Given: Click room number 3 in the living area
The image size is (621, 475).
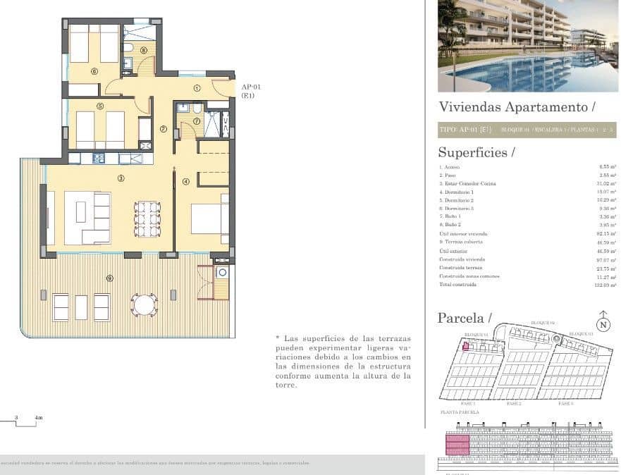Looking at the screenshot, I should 121,178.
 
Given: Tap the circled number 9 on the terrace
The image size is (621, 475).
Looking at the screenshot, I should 109,278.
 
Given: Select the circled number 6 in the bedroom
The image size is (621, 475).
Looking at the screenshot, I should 94,71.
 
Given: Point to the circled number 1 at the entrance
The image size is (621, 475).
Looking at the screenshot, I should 197,88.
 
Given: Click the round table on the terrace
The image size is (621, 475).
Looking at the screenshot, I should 145,305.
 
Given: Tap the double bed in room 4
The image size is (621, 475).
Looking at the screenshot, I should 210,218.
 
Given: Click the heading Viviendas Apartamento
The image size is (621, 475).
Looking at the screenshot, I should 517,107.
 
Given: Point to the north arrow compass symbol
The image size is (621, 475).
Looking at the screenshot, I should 603,321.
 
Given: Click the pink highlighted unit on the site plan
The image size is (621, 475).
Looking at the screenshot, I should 465,345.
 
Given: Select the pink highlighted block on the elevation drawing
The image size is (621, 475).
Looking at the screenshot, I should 457,446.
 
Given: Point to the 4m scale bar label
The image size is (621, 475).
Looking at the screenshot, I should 38,418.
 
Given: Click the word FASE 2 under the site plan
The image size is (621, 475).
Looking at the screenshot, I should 514,404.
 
